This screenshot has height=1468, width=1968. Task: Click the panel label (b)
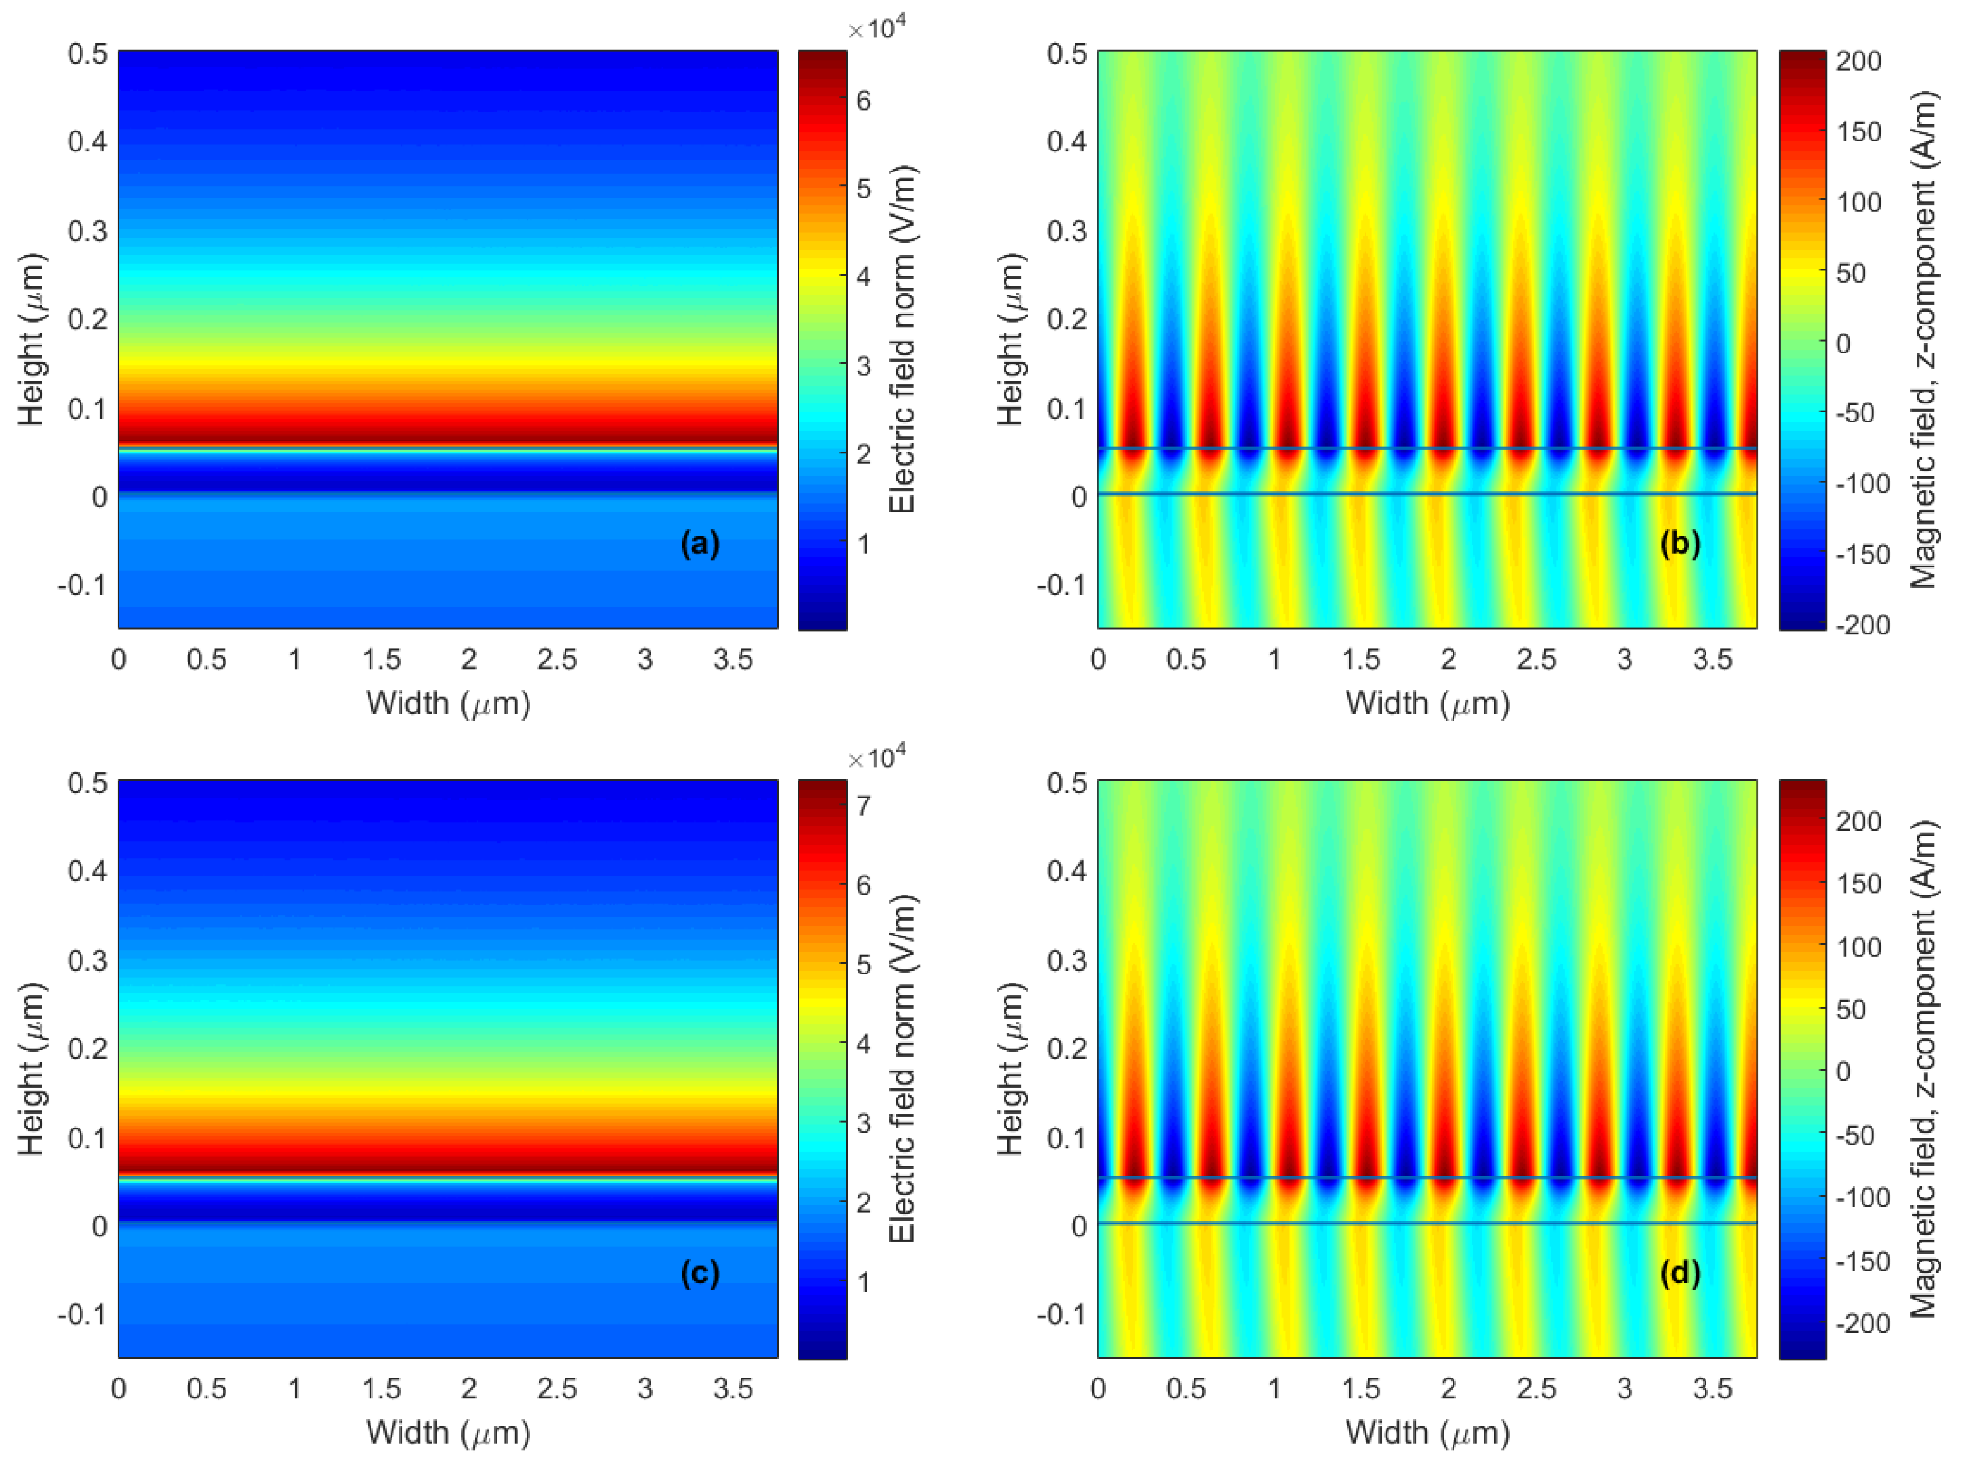(x=1679, y=543)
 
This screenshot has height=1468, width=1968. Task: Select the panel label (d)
(x=1679, y=1273)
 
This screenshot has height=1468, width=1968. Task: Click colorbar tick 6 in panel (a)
(x=863, y=100)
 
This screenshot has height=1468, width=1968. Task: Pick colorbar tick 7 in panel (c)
(x=863, y=807)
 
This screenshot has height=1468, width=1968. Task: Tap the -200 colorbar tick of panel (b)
(x=1860, y=625)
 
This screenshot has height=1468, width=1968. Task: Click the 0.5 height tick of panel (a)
(x=87, y=53)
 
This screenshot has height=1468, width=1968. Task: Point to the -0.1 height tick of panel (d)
(x=1060, y=1314)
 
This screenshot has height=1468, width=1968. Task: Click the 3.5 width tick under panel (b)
(x=1712, y=659)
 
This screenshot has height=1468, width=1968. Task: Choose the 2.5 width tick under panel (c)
(x=556, y=1389)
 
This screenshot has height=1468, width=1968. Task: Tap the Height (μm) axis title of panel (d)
(x=1010, y=1068)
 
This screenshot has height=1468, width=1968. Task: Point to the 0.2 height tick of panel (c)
(x=87, y=1049)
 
